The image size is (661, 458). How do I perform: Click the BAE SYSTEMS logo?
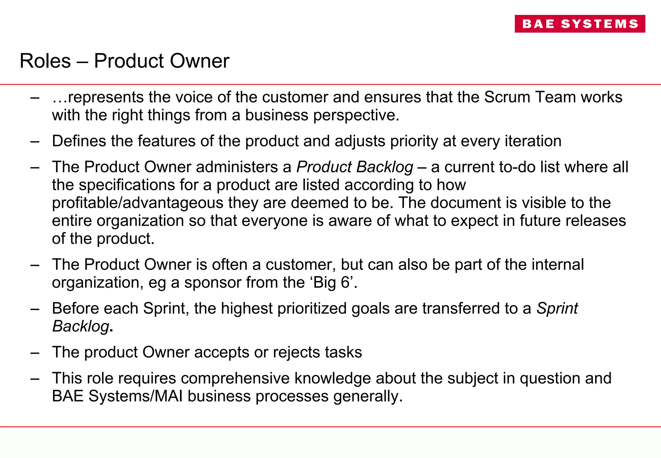point(580,24)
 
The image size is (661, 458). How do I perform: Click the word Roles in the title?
point(45,61)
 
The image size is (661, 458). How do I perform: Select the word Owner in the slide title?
point(199,61)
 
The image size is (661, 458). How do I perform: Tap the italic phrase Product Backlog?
point(355,167)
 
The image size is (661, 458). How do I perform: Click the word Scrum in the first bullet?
point(507,97)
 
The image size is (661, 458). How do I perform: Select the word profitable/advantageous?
point(137,203)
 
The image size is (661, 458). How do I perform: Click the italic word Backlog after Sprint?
point(81,326)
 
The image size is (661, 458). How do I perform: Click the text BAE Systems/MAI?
point(117,396)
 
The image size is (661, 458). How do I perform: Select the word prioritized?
point(312,308)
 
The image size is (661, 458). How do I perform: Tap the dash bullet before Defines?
point(35,141)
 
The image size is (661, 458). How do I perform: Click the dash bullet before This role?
point(35,379)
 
